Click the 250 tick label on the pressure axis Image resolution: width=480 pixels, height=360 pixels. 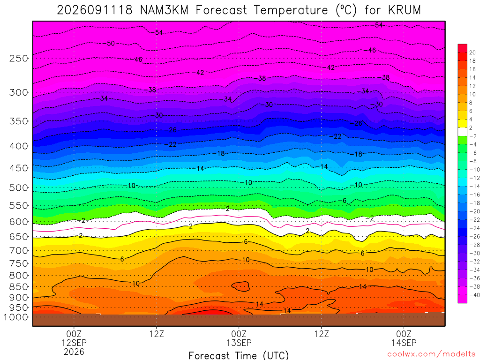19,58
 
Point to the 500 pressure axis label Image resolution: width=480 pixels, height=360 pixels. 19,187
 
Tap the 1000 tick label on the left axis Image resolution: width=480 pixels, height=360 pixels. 16,317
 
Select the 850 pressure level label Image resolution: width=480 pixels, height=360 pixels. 19,287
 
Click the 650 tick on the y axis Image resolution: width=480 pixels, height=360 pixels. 19,237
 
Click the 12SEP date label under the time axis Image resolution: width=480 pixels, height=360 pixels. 74,343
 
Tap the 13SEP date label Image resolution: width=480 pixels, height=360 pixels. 239,343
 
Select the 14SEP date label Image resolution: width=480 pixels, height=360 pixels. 404,343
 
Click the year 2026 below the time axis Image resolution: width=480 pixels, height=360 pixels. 74,352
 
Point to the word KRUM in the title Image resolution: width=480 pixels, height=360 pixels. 405,10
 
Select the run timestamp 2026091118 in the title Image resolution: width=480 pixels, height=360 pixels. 95,10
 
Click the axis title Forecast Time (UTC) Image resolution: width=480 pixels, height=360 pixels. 239,355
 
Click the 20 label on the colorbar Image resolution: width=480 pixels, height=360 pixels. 472,52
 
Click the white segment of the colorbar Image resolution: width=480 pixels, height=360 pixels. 463,132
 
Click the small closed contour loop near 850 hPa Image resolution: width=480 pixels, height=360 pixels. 240,286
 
